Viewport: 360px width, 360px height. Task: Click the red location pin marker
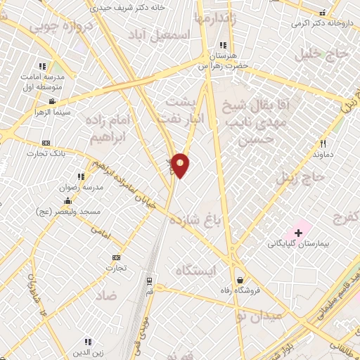tap(181, 165)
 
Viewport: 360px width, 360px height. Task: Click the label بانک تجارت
tap(46, 153)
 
